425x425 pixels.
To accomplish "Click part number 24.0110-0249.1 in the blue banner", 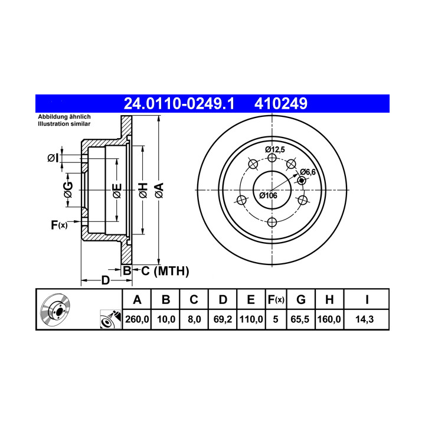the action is (179, 103).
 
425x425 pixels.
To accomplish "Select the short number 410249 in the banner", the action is (281, 103).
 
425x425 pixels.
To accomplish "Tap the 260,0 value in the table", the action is (137, 319).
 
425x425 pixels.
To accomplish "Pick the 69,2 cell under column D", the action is (223, 319).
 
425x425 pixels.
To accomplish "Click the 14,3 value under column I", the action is (365, 319).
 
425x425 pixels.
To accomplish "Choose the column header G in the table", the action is (301, 300).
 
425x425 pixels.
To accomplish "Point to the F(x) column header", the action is (276, 300).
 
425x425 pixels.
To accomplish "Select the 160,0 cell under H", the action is (329, 319).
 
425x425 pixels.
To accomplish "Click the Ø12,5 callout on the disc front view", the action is (275, 149).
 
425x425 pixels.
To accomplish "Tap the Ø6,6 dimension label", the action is (308, 172).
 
